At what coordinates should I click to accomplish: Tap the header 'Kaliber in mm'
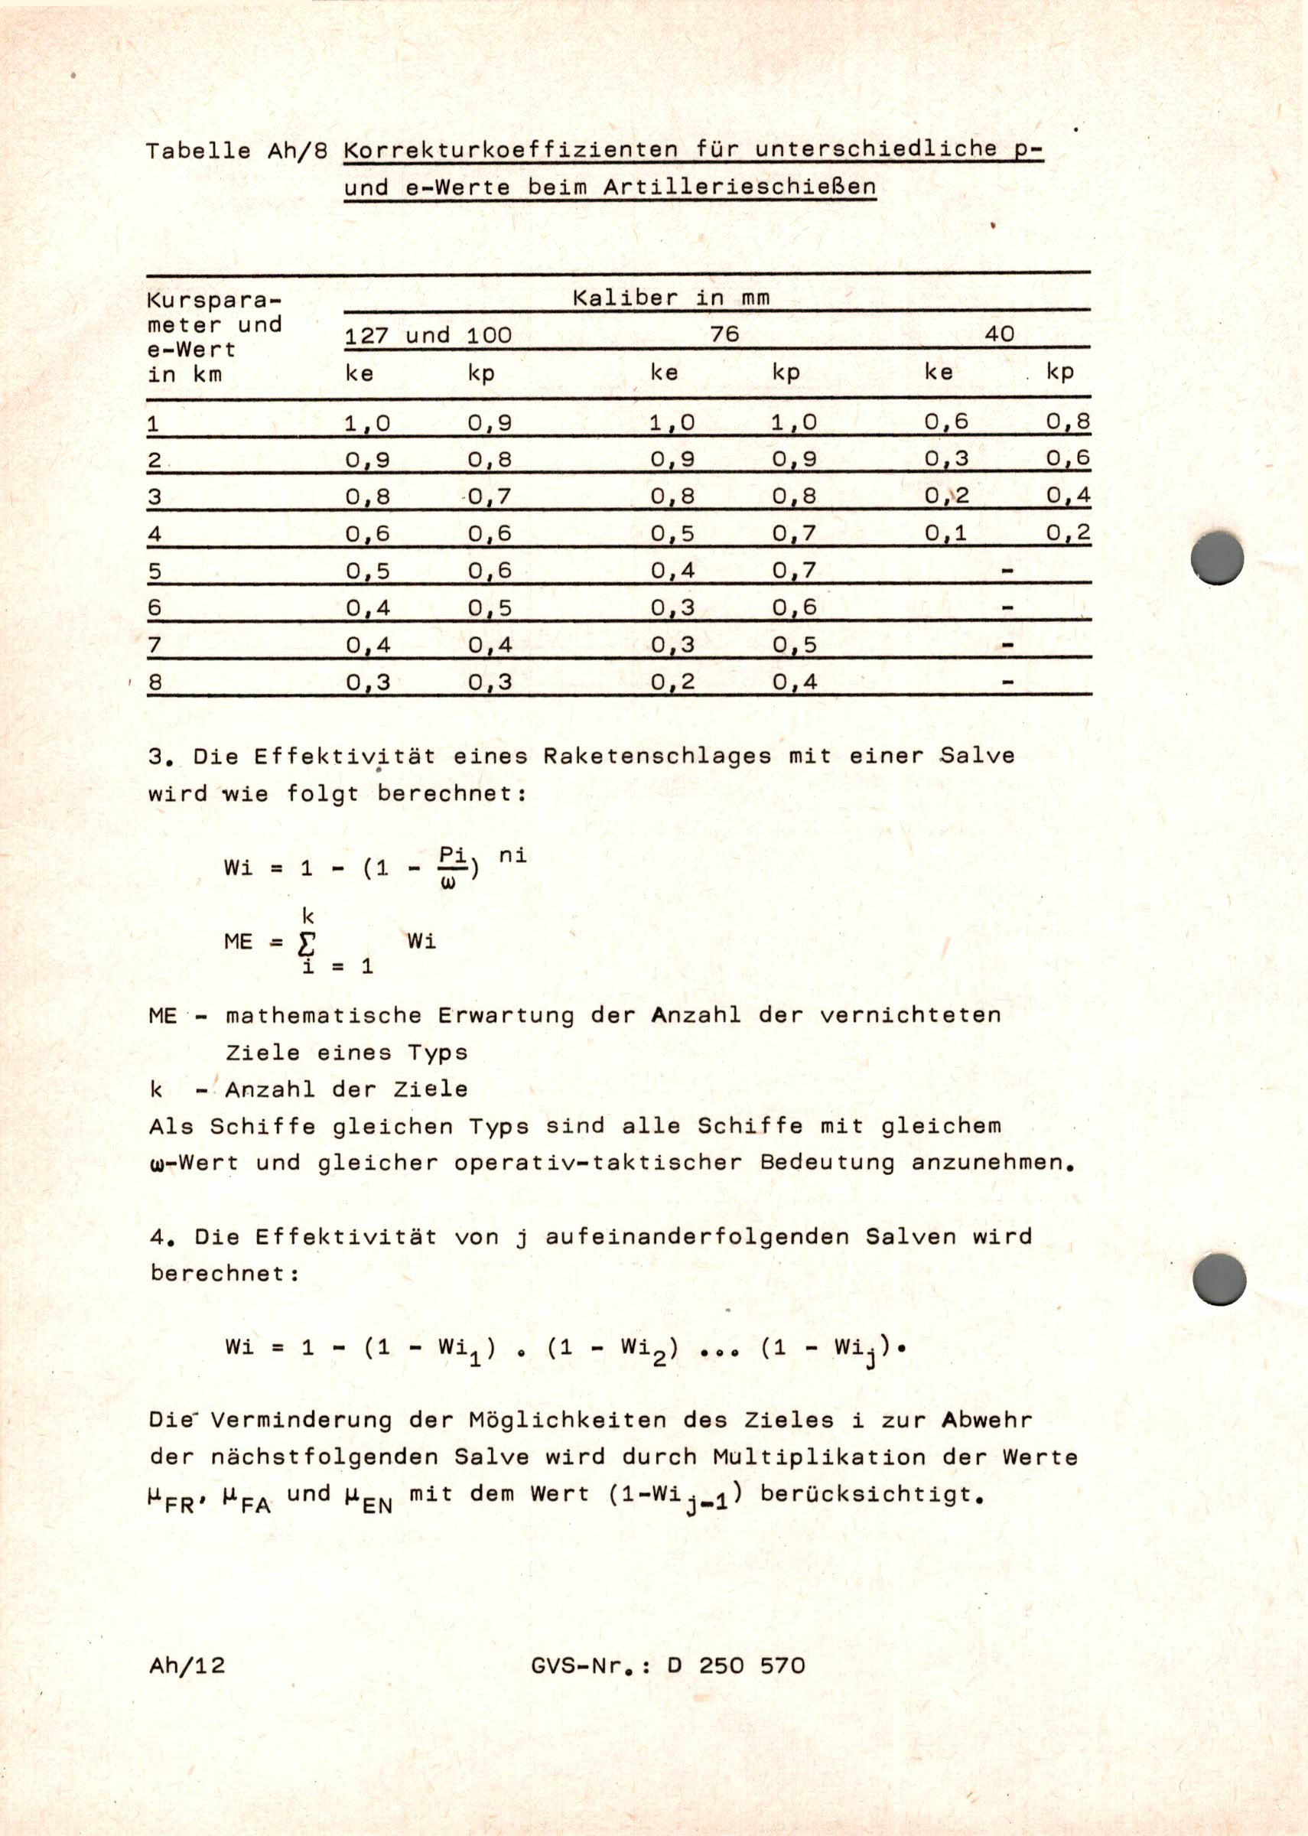(671, 298)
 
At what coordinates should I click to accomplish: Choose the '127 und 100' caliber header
(428, 335)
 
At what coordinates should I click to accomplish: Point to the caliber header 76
(724, 334)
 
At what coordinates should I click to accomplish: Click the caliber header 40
(999, 334)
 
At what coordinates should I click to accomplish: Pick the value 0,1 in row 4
(945, 533)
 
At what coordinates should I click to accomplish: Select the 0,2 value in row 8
(672, 682)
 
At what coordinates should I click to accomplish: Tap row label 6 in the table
(155, 607)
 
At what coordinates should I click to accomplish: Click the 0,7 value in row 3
(489, 496)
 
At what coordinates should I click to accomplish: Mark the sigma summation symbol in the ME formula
(307, 943)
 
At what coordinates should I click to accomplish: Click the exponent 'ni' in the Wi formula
(512, 855)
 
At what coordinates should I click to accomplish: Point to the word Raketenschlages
(656, 756)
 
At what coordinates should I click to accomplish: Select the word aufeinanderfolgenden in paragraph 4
(697, 1236)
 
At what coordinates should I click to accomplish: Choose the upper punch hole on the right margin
(1217, 558)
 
